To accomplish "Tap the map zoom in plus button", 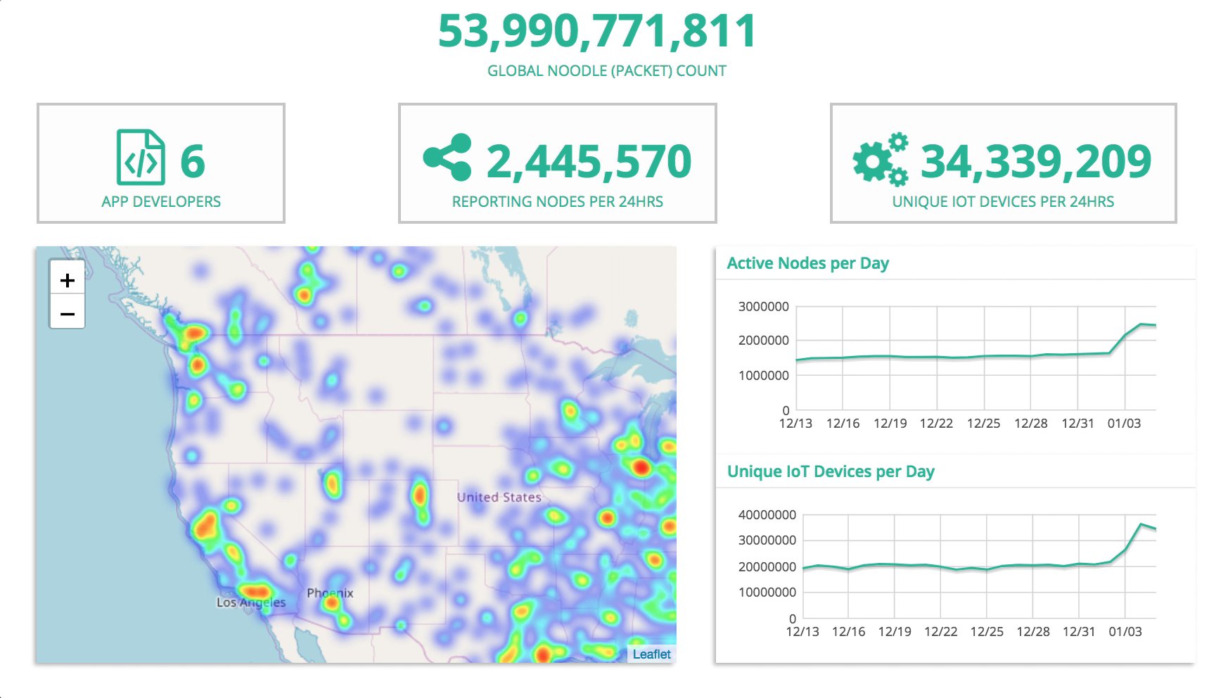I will (x=67, y=280).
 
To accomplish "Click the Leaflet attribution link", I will (x=651, y=654).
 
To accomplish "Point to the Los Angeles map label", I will (x=251, y=602).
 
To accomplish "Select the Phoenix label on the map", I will (x=330, y=593).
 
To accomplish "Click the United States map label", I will (x=499, y=497).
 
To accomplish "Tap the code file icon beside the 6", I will (x=140, y=158).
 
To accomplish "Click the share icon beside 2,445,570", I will (x=447, y=158).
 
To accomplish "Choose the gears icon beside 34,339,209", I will (x=880, y=160).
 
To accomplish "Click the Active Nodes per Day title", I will (x=807, y=263).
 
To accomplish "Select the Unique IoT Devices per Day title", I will (x=830, y=471).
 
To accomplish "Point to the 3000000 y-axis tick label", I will (x=763, y=306).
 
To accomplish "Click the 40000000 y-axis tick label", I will (x=767, y=515).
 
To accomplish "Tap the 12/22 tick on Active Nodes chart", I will (x=936, y=424).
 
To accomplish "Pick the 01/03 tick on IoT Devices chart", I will (x=1125, y=632).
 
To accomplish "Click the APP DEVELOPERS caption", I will (x=161, y=202).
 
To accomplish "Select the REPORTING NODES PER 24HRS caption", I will (x=557, y=202).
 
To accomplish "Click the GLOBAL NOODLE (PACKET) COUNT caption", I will (x=606, y=71).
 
